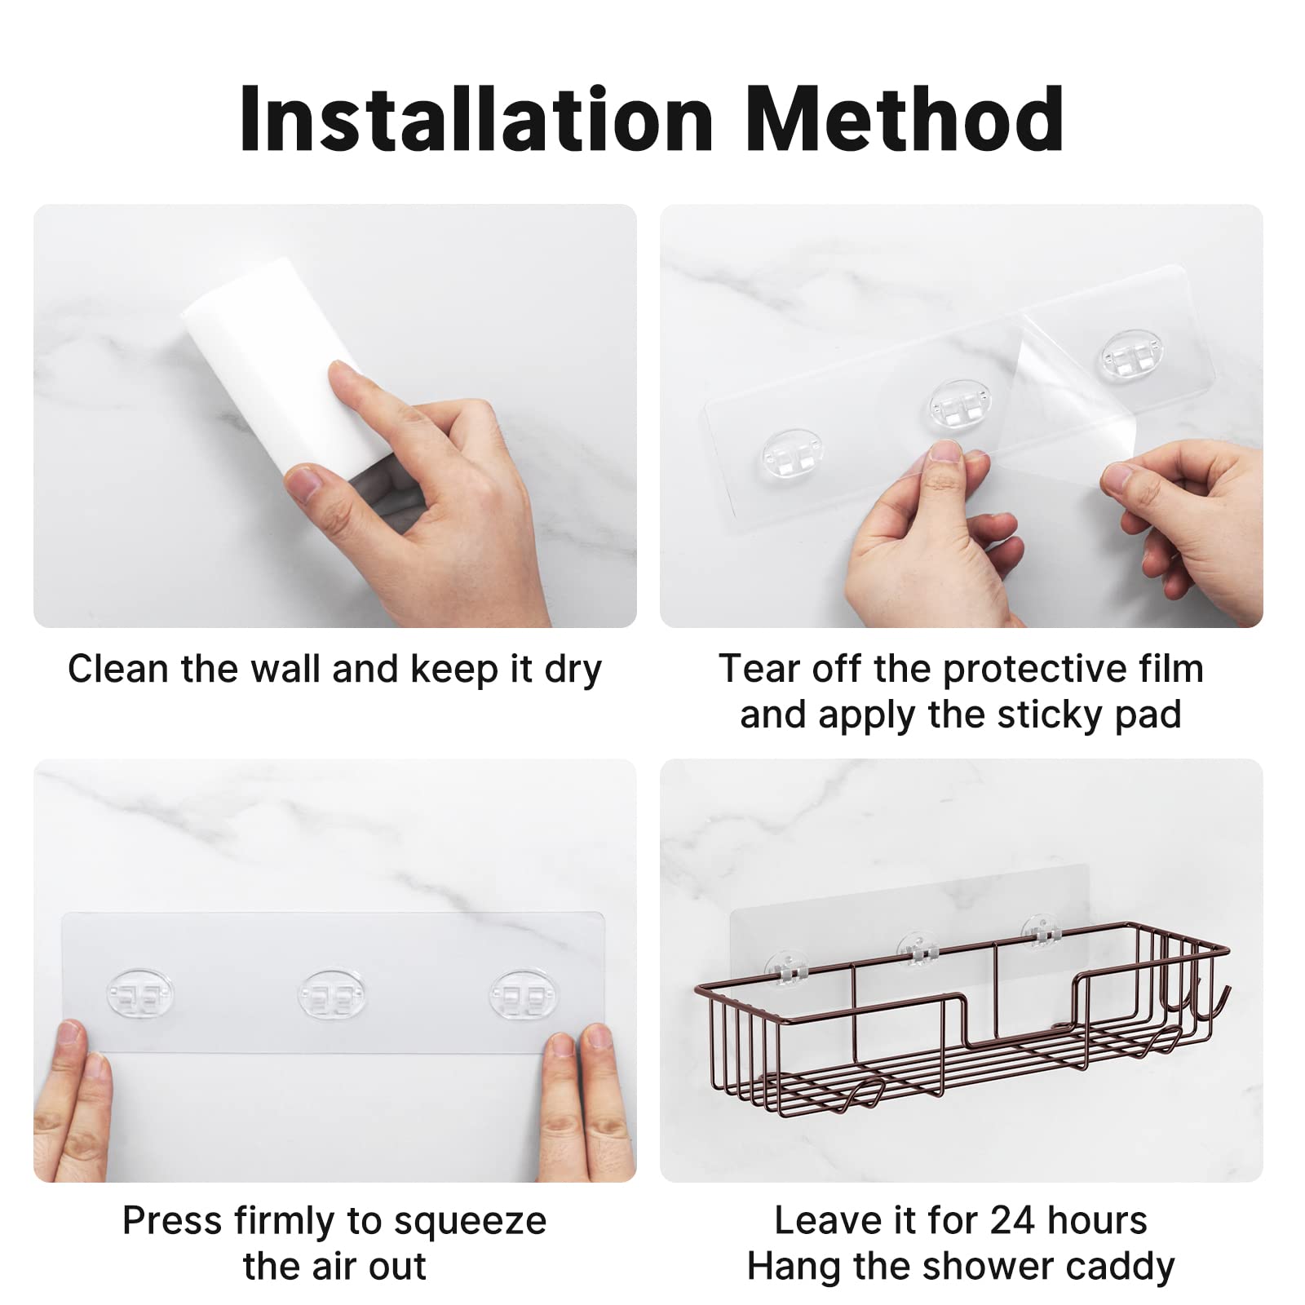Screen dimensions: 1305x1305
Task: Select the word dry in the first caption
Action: [573, 670]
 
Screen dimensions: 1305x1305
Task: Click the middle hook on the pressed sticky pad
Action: [332, 994]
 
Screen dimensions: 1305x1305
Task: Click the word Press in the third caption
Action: [171, 1222]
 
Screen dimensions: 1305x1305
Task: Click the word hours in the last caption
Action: [1098, 1221]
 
